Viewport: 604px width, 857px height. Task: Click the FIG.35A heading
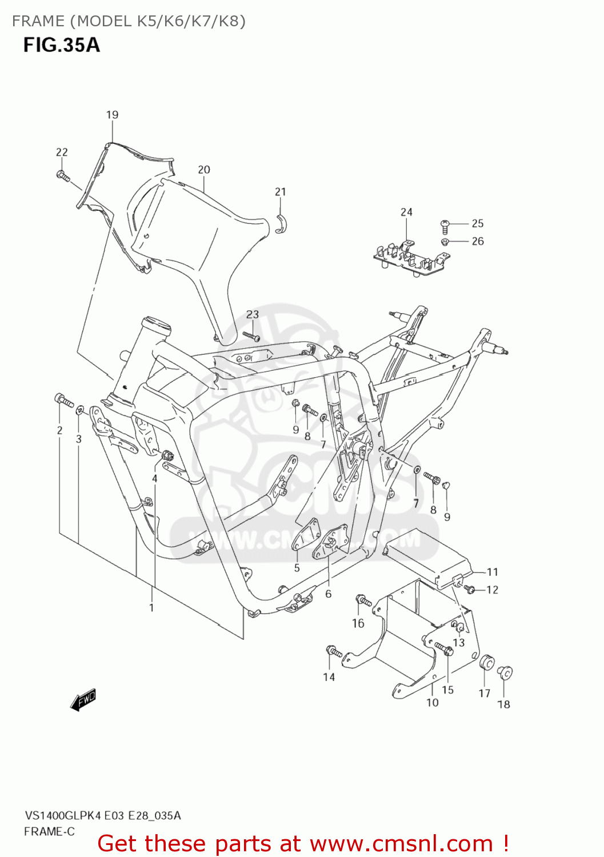coord(62,45)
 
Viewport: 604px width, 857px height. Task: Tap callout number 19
coord(112,115)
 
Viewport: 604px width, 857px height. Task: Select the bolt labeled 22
coord(63,175)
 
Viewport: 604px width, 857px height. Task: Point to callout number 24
coord(406,212)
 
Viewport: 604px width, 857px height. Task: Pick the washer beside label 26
coord(446,242)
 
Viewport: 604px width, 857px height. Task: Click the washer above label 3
coord(81,409)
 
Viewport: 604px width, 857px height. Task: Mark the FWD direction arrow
coord(83,700)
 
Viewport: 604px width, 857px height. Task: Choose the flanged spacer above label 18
coord(505,673)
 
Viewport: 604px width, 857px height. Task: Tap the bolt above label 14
coord(334,651)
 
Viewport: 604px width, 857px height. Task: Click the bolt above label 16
coord(363,600)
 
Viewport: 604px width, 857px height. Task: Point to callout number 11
coord(493,572)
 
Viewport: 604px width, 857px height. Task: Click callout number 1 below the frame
coord(151,608)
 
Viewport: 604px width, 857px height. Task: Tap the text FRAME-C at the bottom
coord(49,832)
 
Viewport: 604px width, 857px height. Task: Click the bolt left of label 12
coord(470,589)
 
